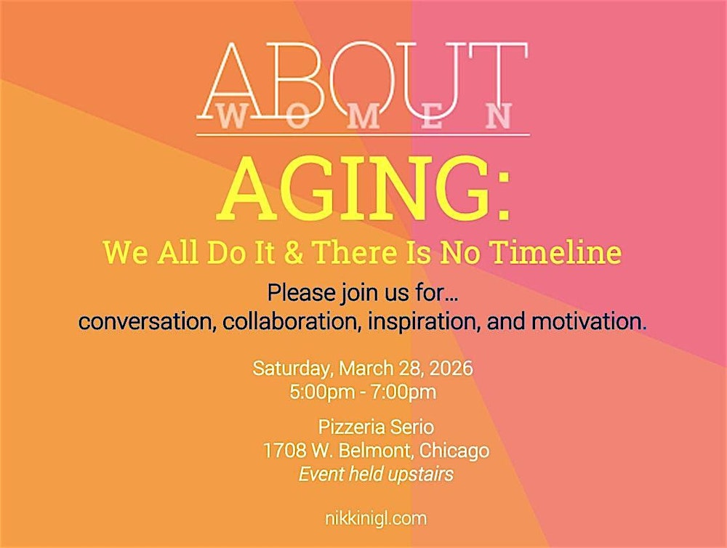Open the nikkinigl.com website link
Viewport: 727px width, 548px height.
[x=376, y=518]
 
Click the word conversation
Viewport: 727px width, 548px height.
[x=142, y=321]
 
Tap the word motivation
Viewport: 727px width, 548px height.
[x=589, y=321]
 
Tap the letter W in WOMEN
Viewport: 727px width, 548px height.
[x=231, y=116]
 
